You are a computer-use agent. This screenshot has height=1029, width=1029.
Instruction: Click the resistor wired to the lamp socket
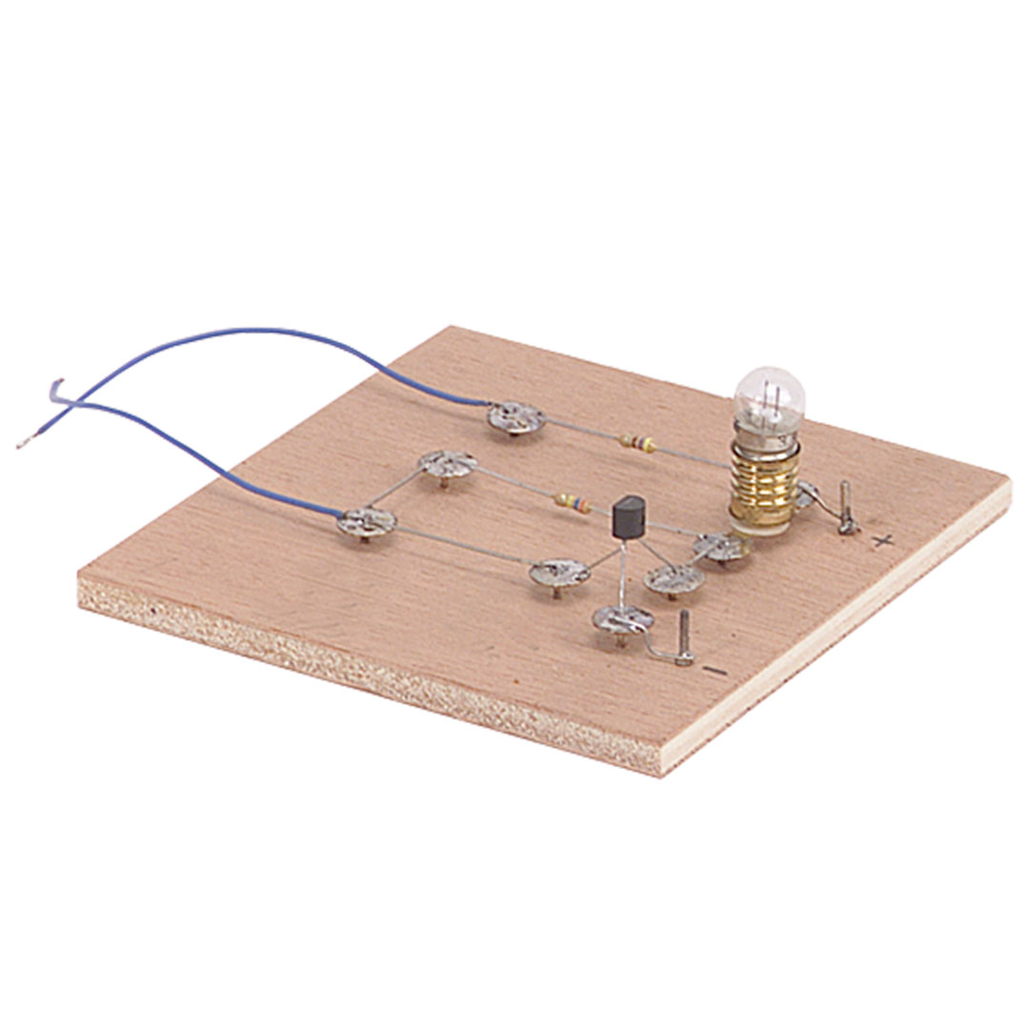pyautogui.click(x=638, y=444)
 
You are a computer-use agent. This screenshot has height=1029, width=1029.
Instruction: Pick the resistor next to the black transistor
pyautogui.click(x=573, y=502)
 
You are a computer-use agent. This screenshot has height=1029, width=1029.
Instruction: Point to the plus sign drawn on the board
pyautogui.click(x=884, y=541)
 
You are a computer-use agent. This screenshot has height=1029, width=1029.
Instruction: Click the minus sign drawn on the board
pyautogui.click(x=715, y=671)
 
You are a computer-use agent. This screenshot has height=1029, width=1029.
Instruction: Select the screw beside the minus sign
pyautogui.click(x=684, y=637)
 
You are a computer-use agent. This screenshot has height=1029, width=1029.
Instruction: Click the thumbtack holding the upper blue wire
pyautogui.click(x=515, y=417)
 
